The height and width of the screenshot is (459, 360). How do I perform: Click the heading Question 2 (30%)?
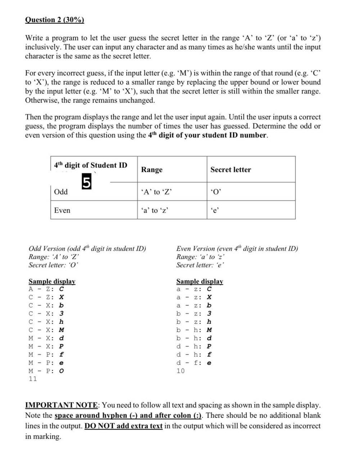pos(54,20)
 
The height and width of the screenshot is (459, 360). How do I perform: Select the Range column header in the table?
pos(152,170)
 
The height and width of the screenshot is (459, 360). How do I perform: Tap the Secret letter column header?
pos(230,170)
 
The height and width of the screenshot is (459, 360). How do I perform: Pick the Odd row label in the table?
pos(61,192)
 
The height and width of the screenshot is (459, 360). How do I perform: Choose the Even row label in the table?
pos(62,210)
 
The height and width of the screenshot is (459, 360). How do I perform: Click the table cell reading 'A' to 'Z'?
pos(156,192)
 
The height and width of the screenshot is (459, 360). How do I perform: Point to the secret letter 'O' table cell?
pos(215,192)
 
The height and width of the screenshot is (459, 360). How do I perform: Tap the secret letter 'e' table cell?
pos(214,210)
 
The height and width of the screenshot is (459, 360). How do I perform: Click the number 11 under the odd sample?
pos(32,379)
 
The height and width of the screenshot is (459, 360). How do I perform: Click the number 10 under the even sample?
pos(180,371)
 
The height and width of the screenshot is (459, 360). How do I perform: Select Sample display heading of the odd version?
pos(52,281)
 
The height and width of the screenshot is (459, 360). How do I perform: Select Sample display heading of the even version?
pos(199,281)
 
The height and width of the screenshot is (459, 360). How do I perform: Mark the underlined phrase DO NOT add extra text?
pos(123,426)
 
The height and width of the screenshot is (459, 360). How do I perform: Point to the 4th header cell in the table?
pos(91,165)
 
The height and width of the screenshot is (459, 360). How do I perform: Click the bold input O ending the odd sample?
pos(62,371)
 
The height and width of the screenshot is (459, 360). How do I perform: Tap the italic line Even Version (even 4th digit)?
pos(237,249)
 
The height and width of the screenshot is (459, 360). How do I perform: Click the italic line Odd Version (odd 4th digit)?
pos(87,249)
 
